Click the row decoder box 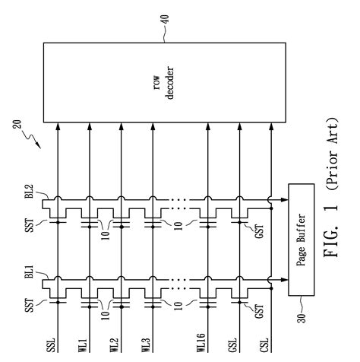165,83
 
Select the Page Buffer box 302,240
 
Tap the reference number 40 165,20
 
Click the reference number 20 17,124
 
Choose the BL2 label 30,192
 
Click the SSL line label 51,345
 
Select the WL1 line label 83,345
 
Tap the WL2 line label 114,345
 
